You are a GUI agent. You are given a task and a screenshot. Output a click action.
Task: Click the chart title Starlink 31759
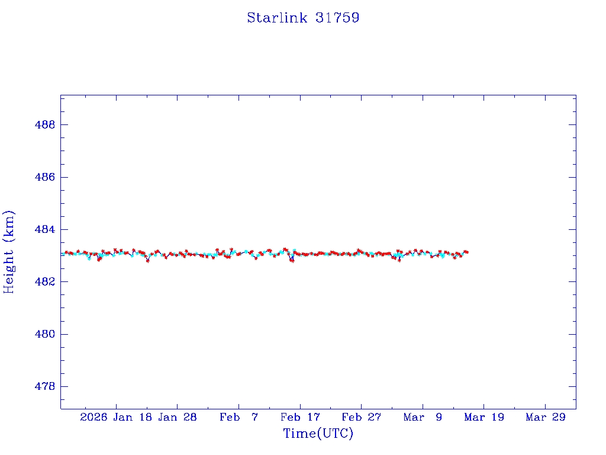click(303, 18)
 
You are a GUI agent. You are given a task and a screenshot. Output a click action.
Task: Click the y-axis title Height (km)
click(9, 252)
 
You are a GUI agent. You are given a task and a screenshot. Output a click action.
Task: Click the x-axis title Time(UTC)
click(318, 434)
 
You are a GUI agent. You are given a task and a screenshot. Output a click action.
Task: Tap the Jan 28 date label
click(178, 417)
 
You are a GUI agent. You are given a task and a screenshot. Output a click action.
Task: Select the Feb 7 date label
click(238, 417)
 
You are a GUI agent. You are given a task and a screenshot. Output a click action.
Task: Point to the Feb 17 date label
click(300, 417)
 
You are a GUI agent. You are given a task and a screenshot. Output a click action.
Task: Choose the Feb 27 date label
click(361, 417)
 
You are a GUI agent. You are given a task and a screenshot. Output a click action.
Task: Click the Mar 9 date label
click(423, 417)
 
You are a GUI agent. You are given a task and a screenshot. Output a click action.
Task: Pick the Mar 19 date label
click(484, 417)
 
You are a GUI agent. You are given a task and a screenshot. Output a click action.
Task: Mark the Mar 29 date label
click(546, 417)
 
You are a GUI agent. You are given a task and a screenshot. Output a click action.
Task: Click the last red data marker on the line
click(467, 252)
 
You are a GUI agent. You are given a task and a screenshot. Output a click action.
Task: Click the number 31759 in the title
click(337, 18)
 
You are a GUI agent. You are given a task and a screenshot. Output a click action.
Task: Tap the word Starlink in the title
click(277, 18)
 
